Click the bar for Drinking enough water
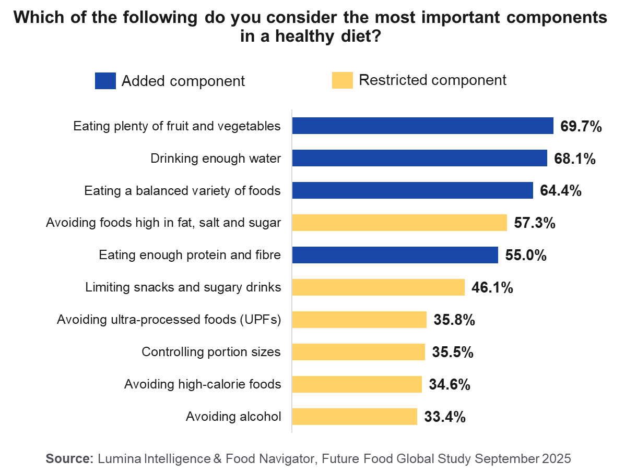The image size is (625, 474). [x=420, y=158]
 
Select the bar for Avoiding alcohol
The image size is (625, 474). [x=355, y=417]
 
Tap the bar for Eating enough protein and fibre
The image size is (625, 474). [x=395, y=255]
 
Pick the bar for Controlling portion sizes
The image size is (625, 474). [x=359, y=352]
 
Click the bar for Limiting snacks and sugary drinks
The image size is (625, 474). [x=379, y=287]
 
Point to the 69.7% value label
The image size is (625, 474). [x=581, y=126]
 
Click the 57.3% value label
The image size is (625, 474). [x=535, y=223]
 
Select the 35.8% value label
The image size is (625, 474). [x=454, y=320]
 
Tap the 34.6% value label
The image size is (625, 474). [x=450, y=385]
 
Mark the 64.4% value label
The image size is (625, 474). [x=561, y=191]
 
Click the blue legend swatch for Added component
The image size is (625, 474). [x=105, y=81]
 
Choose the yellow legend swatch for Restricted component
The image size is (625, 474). [x=343, y=80]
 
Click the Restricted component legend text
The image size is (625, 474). [x=433, y=80]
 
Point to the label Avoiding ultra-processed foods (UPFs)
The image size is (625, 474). [x=169, y=320]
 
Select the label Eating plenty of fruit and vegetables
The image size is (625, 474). [x=177, y=126]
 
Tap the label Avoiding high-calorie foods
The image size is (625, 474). [x=203, y=385]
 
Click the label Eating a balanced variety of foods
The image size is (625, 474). [x=182, y=191]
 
